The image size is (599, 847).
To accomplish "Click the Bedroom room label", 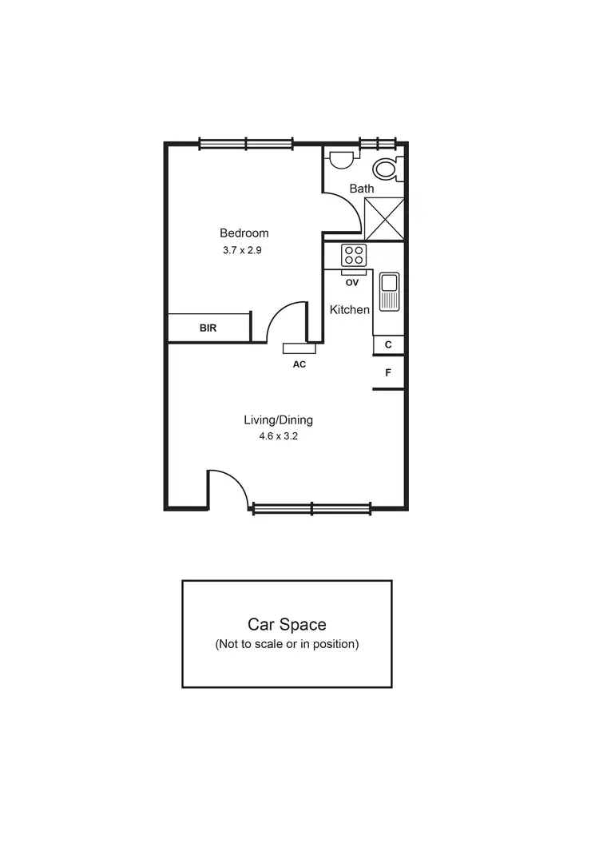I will tap(244, 233).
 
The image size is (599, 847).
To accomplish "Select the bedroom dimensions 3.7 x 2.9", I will tap(243, 249).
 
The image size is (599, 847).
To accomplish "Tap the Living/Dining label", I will tap(278, 420).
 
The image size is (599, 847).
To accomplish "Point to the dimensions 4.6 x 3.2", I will tap(278, 436).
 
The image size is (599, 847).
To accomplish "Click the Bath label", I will tap(362, 189).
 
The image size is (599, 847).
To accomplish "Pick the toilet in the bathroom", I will tap(387, 169).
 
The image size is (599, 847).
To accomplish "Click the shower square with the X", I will tap(384, 218).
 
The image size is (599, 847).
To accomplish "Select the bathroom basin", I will tap(341, 159).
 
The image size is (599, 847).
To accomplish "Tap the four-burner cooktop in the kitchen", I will tap(354, 256).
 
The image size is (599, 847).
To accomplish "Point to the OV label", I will tap(352, 282).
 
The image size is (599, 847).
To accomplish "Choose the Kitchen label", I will tap(350, 309).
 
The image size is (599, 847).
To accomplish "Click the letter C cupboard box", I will tap(388, 344).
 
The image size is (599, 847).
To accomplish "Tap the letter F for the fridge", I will tap(388, 372).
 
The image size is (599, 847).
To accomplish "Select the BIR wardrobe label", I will tap(208, 328).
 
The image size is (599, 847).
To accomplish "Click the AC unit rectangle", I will tap(298, 348).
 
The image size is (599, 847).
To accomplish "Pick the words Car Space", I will tap(287, 625).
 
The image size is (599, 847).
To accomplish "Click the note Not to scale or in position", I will tap(287, 644).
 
